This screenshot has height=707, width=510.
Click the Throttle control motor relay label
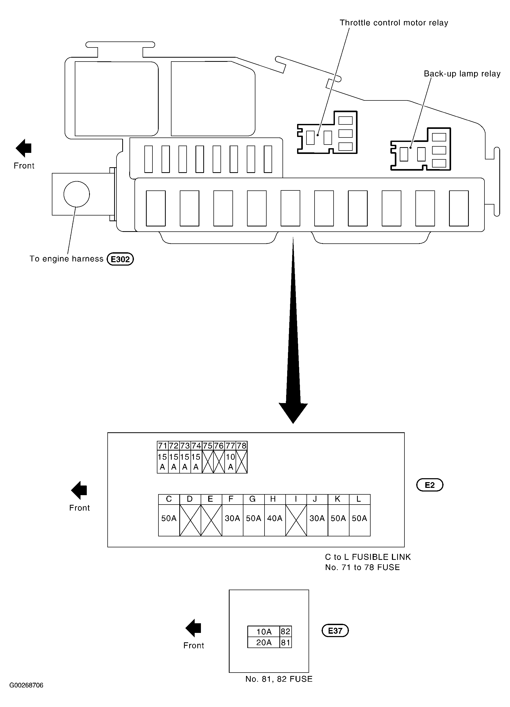click(394, 23)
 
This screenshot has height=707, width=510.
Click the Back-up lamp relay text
click(462, 74)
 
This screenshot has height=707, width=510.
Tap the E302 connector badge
click(120, 259)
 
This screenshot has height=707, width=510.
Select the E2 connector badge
click(430, 485)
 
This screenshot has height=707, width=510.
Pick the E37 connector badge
click(335, 631)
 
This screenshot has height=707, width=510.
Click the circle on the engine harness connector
click(77, 194)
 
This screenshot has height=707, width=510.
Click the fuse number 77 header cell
click(230, 446)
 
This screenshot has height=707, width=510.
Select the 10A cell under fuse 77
click(230, 462)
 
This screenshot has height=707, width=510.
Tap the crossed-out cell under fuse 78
click(242, 462)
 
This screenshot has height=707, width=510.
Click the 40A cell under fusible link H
click(275, 518)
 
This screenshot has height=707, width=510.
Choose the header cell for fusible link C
click(169, 499)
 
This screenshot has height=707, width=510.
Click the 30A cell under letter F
click(232, 518)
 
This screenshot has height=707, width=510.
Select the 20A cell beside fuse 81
click(264, 643)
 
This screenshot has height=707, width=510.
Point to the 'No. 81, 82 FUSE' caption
click(279, 679)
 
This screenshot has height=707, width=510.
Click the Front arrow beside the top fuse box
click(24, 148)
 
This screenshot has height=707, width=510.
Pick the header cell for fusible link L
click(359, 499)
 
